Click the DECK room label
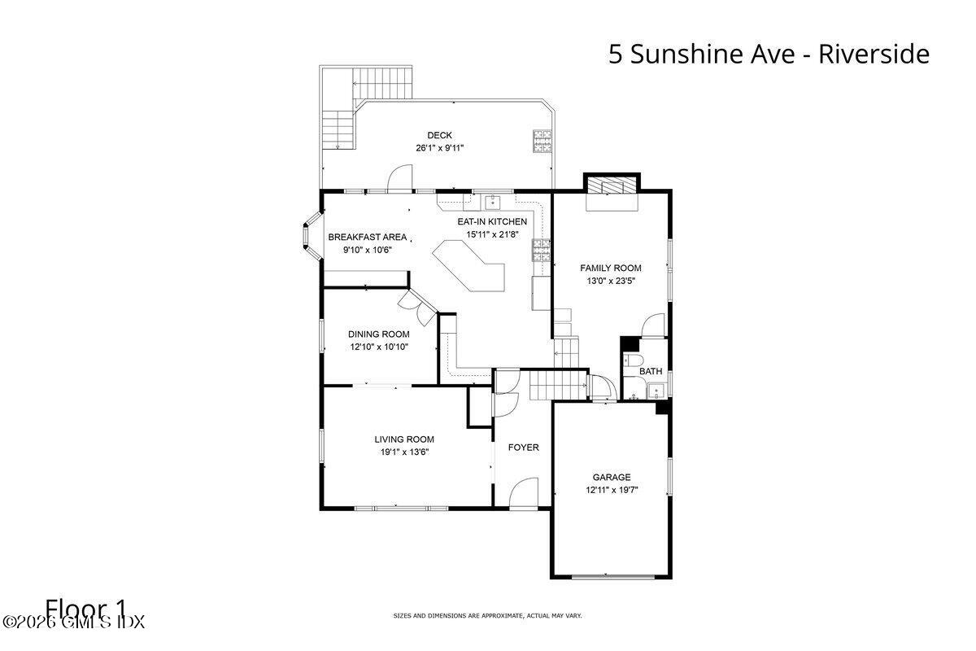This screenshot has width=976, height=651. pos(440,135)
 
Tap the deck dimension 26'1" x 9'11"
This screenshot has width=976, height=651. pos(440,148)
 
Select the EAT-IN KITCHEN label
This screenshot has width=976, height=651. pos(492,221)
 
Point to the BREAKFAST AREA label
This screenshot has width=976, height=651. pos(368,237)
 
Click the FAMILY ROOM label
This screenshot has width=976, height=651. pos(611,268)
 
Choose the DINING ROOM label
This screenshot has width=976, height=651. pos(379,334)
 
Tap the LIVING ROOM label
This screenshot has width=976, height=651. pos(404,439)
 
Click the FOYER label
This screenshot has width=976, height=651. pos(524,448)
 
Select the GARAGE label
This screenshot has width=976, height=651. pos(612,478)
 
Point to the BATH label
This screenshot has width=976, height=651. pos(651,371)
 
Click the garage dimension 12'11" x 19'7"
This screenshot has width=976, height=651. pos(612,491)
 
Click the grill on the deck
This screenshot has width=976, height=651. pos(542,142)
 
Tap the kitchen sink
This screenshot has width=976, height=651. pos(492,202)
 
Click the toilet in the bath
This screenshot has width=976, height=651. pos(634,360)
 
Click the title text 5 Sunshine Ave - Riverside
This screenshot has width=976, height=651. pos(769,55)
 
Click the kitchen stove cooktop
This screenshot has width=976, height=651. pos(542,249)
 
